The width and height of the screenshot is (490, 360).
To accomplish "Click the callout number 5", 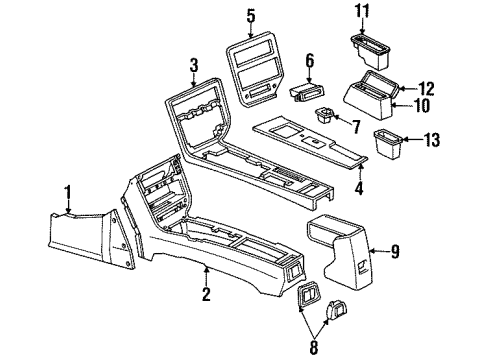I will pos(251,15).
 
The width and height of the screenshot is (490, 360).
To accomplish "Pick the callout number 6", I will pos(310,60).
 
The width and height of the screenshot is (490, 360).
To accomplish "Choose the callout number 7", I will pos(355,127).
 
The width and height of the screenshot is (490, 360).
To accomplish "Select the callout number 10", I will pos(424,105).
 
